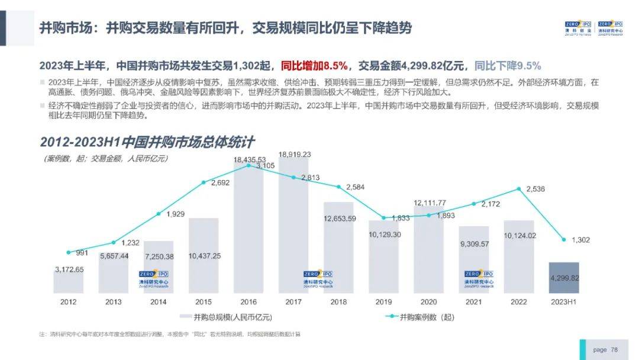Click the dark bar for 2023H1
(563, 278)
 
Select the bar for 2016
(248, 237)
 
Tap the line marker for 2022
(519, 189)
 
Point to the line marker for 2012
(69, 253)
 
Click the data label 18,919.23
(294, 155)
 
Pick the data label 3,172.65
(69, 270)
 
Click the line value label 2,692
(220, 183)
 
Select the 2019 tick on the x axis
(383, 301)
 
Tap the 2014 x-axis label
(159, 301)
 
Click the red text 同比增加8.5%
(314, 66)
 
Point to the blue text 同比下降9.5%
(508, 66)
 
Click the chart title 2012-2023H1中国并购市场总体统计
(147, 142)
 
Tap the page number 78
(614, 350)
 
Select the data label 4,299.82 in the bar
(563, 278)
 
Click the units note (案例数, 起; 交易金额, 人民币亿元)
(106, 158)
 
